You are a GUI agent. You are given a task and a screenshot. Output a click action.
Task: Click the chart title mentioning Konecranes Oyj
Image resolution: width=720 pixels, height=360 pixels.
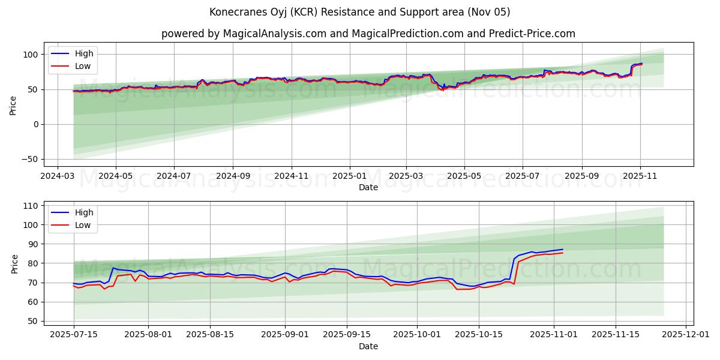(360, 12)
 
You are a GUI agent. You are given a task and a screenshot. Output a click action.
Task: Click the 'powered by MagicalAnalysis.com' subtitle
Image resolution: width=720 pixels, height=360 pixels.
(368, 34)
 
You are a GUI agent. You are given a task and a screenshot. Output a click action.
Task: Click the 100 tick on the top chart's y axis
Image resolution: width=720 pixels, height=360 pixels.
(30, 55)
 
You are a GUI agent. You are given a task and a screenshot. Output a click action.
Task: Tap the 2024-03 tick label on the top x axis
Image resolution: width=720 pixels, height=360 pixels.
(57, 177)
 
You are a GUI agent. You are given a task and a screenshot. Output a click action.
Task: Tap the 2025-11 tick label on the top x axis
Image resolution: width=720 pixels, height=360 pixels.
(640, 177)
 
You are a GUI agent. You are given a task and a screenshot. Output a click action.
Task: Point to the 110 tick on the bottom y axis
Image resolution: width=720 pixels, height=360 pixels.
(30, 206)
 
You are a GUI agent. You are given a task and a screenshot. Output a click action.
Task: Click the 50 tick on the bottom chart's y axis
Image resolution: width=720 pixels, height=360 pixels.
(32, 321)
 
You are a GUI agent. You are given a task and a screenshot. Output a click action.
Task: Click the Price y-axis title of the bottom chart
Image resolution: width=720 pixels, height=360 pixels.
(15, 263)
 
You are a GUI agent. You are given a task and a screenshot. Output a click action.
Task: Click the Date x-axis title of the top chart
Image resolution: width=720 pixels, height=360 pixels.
(368, 187)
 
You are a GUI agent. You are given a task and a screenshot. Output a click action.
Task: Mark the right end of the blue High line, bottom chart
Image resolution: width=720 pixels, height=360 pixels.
(563, 249)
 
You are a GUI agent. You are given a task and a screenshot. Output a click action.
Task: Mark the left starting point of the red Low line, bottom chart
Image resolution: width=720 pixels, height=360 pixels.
(74, 286)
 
